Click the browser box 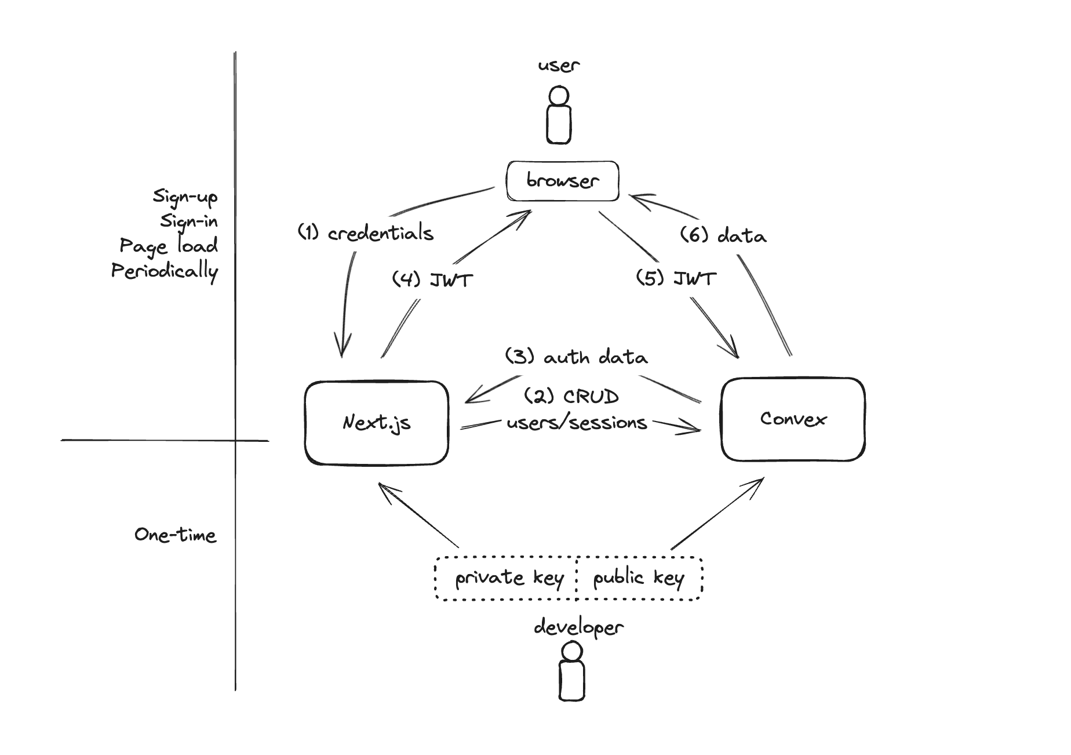coord(562,181)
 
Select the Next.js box coord(377,423)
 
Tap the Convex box coord(793,419)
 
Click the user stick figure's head coord(559,96)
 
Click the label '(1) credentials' coord(366,233)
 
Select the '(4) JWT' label coord(432,280)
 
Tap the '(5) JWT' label coord(676,278)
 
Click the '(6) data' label coord(723,235)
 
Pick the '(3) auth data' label coord(576,357)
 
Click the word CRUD coord(591,397)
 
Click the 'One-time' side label coord(176,535)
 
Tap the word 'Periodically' coord(165,271)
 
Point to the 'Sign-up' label coord(185,197)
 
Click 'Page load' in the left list coord(169,246)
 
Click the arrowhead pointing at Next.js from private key coord(382,488)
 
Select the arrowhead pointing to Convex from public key coord(757,482)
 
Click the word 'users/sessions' coord(577,423)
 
